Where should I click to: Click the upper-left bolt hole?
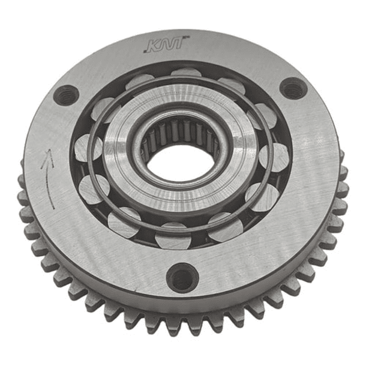tap(65, 95)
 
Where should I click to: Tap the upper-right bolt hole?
tap(293, 89)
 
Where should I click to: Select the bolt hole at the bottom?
tap(182, 278)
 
